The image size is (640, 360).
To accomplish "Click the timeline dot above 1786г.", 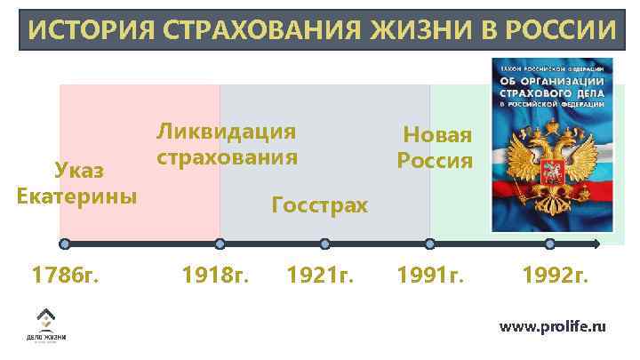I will (64, 244).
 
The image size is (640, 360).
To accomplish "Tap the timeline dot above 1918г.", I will (220, 244).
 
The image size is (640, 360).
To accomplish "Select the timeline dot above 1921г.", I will (324, 244).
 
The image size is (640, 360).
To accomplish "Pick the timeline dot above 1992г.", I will (550, 244).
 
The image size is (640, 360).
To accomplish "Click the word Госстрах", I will (319, 206).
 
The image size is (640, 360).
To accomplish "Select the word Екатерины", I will (77, 195).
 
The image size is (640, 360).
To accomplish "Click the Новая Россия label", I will (436, 148).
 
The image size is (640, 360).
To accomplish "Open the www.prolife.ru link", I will (553, 326).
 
